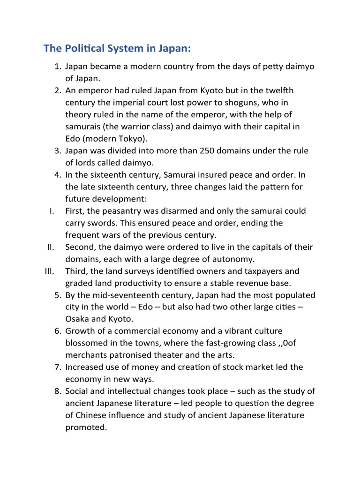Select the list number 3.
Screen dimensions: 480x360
pyautogui.click(x=57, y=150)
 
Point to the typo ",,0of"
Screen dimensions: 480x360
pyautogui.click(x=286, y=343)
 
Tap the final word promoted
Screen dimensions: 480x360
pyautogui.click(x=86, y=427)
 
